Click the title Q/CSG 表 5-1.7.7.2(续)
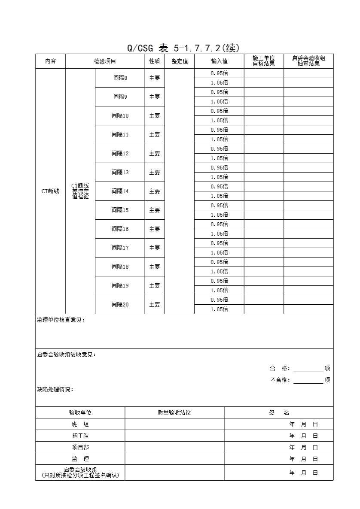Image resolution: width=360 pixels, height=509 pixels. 183,48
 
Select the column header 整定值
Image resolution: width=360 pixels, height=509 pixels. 180,61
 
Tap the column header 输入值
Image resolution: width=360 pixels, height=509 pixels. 219,61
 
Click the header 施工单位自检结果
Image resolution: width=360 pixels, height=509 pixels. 264,61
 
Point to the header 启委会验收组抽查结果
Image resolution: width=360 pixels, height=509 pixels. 308,61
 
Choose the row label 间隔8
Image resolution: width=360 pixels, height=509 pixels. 120,78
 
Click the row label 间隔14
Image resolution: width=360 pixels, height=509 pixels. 120,191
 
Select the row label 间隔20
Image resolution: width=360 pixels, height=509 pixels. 120,305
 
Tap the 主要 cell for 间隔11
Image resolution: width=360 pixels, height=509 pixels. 155,135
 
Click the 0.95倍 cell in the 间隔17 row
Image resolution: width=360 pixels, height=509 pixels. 219,243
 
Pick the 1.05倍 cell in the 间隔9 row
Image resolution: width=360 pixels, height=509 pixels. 219,102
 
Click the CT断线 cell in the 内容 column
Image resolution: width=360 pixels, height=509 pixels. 50,191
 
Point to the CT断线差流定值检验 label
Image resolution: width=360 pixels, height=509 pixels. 80,191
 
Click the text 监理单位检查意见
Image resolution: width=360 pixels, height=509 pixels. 61,320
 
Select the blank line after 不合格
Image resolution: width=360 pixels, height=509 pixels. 308,380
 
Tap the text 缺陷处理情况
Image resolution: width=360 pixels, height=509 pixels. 55,390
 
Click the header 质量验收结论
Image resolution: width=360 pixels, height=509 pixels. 174,413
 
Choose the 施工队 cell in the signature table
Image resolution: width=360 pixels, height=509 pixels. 80,436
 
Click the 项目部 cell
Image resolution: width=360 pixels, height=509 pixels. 80,448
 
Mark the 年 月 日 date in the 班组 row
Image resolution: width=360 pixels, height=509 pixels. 303,424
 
